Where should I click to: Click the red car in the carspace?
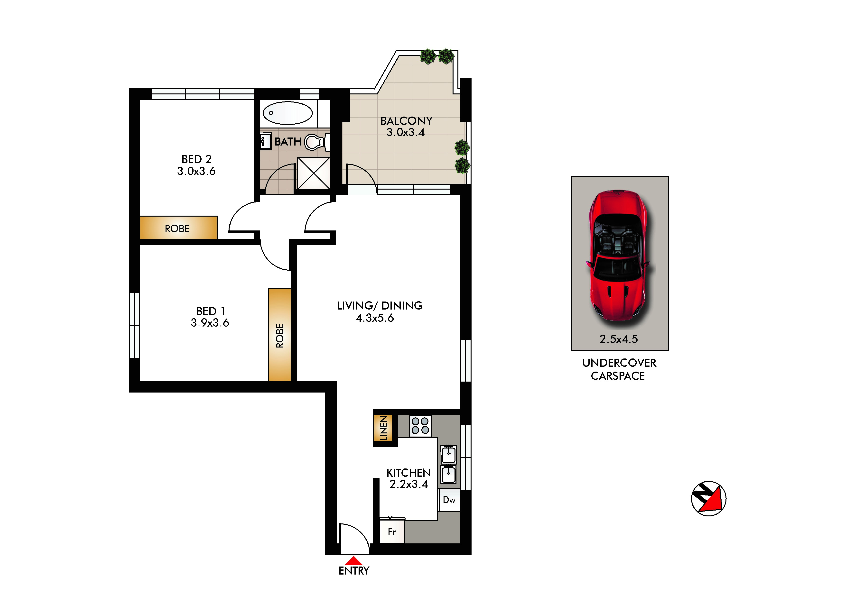coord(618,255)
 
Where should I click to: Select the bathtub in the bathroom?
coord(288,113)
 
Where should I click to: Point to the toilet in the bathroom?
coord(316,142)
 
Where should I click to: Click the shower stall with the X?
coord(314,173)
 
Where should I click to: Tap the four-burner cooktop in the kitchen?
coord(420,426)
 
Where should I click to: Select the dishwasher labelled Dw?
coord(449,500)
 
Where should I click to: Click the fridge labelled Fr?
coord(392,531)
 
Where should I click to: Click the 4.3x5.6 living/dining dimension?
coord(375,318)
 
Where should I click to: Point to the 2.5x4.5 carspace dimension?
coord(619,339)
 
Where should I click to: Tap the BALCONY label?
coord(406,121)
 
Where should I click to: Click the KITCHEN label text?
coord(408,473)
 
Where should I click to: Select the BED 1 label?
coord(211,311)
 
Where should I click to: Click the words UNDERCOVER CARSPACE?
coord(619,369)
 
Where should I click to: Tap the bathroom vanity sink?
coord(265,142)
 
